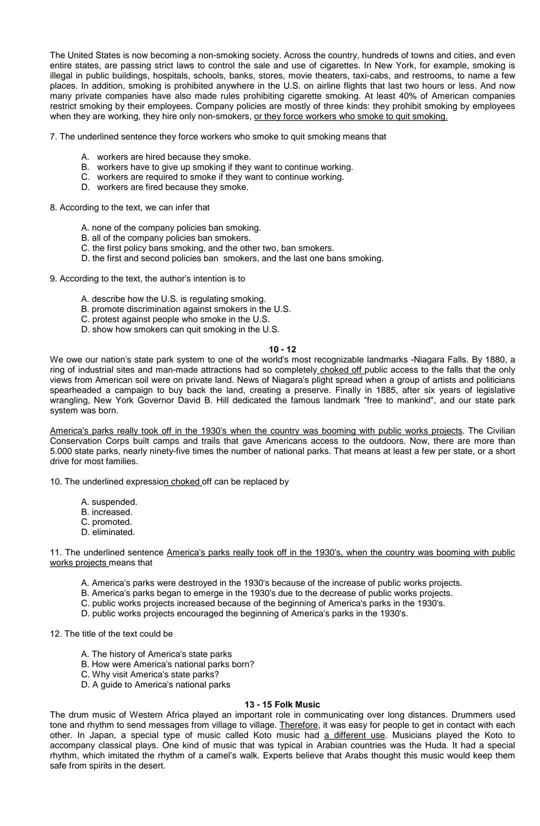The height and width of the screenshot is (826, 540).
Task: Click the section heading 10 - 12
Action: click(x=282, y=349)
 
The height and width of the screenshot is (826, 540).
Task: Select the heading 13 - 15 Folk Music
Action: click(x=282, y=704)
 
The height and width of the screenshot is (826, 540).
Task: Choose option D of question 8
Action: click(x=232, y=258)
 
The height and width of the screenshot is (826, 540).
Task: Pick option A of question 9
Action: click(x=173, y=299)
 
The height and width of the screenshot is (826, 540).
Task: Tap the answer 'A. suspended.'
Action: click(x=109, y=502)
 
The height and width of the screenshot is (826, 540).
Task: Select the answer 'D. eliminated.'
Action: click(x=108, y=532)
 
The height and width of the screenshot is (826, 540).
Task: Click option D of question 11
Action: click(x=244, y=613)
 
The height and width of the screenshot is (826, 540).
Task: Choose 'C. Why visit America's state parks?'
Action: click(x=150, y=674)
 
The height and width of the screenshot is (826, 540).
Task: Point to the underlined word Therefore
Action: click(x=298, y=725)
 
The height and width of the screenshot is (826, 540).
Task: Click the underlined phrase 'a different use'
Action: click(x=354, y=735)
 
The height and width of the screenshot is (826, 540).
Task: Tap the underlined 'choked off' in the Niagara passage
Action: click(x=341, y=370)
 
